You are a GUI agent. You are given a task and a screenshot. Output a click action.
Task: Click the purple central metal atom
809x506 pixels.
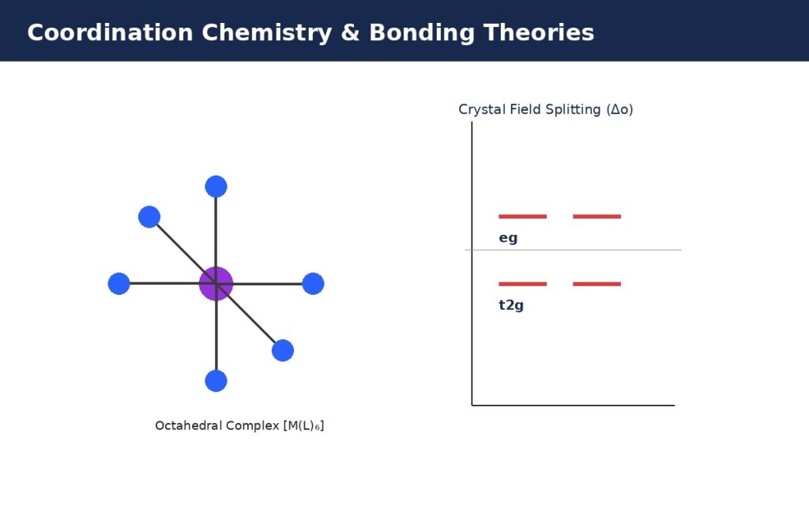coord(216,284)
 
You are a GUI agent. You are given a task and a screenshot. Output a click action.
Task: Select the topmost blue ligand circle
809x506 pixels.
coord(216,187)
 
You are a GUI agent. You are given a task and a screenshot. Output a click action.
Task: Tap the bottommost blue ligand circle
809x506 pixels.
coord(216,381)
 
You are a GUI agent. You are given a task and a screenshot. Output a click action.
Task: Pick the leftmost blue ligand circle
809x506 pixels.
coord(119,284)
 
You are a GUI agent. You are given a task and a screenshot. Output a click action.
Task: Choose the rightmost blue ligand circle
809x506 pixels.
coord(313,284)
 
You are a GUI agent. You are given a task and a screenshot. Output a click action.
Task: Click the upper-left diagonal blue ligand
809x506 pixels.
coord(149,217)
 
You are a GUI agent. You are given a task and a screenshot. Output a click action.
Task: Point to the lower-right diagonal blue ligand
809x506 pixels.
coord(283,350)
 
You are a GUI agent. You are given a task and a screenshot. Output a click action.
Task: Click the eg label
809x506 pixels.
coord(508,238)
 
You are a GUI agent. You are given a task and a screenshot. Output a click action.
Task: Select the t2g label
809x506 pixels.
coord(511,305)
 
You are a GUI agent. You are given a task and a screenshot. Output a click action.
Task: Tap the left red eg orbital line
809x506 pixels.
coord(523,217)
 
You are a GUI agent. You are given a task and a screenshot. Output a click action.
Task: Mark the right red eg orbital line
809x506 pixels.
coord(597,217)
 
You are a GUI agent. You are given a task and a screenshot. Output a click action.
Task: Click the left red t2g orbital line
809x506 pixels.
coord(523,284)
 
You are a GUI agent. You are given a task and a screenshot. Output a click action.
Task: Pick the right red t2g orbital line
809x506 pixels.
coord(597,284)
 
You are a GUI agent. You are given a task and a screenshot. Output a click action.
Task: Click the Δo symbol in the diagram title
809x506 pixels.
coord(619,109)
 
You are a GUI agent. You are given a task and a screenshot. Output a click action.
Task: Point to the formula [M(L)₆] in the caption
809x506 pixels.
coord(303,426)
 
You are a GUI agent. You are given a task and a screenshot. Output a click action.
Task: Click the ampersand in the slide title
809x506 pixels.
coord(350,32)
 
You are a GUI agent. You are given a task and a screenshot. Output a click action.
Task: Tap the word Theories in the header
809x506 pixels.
coord(539,32)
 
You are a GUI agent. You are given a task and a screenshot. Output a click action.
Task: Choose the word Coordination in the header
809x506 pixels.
coord(110,32)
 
